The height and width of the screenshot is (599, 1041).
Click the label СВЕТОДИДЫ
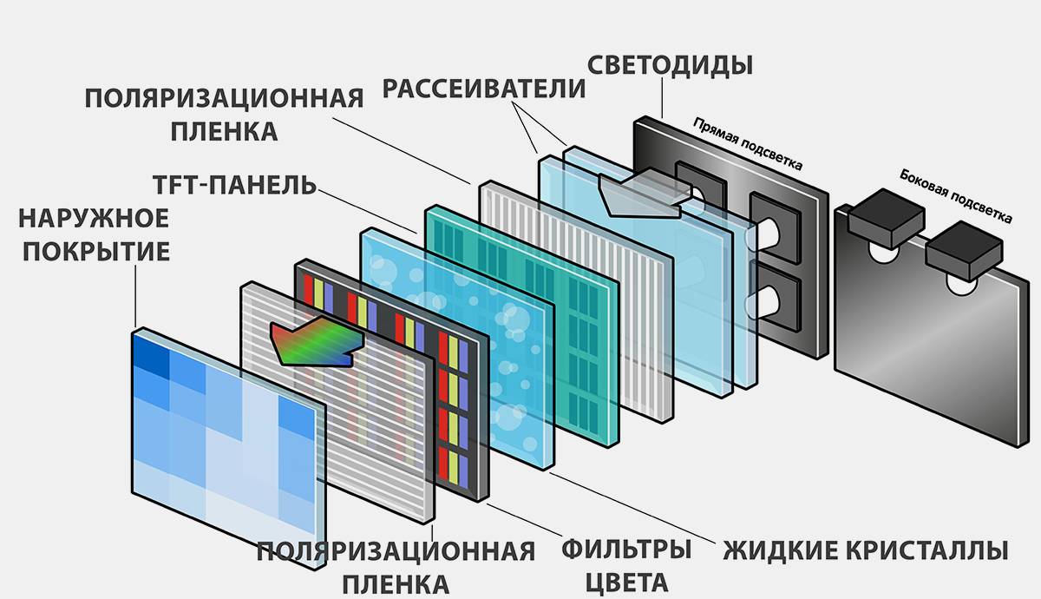pyautogui.click(x=670, y=64)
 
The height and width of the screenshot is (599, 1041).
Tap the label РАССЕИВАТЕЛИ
pyautogui.click(x=484, y=89)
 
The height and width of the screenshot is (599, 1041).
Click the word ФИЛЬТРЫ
pyautogui.click(x=625, y=550)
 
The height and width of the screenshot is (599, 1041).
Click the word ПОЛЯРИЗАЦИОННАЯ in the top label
pyautogui.click(x=224, y=97)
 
